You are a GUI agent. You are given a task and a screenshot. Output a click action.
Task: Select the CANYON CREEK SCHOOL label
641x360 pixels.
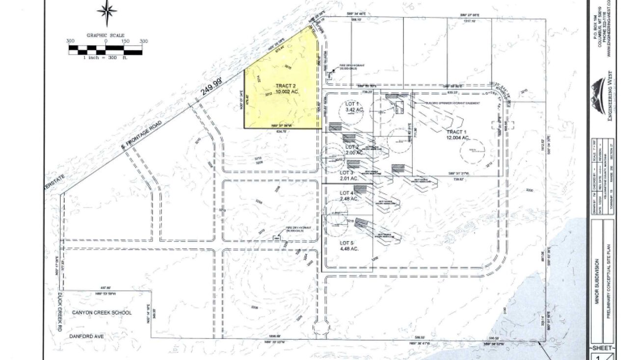click(x=102, y=312)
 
